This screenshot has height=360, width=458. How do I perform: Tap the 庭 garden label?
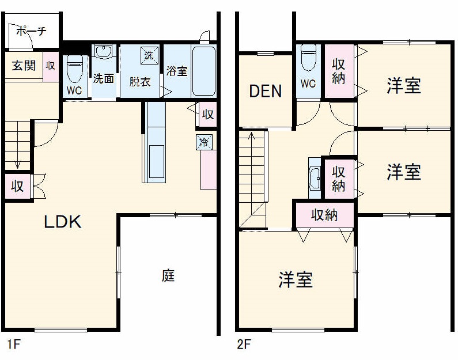[168, 276]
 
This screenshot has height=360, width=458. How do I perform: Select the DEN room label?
[265, 91]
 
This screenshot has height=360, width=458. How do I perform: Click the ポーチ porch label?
[31, 32]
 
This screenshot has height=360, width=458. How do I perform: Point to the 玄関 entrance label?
[24, 65]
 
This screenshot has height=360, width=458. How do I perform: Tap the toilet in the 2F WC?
[308, 58]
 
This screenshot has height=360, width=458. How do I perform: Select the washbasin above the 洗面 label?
[104, 53]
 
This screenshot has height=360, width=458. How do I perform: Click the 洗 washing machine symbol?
[149, 56]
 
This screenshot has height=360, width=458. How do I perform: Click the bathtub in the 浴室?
[203, 71]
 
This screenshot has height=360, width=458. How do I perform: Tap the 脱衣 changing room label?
[139, 81]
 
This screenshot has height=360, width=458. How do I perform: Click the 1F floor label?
[14, 345]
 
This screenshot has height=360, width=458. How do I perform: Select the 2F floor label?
[244, 345]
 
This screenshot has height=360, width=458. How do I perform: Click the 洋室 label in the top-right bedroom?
[403, 86]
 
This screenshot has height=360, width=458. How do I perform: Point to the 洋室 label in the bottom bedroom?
[296, 280]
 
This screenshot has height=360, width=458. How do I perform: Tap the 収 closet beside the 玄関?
[51, 65]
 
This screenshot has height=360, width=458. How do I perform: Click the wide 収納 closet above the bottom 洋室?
[324, 215]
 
